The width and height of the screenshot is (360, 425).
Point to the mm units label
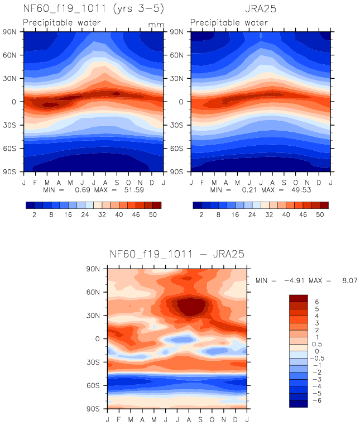tap(155, 25)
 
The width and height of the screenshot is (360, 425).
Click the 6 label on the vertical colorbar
tap(317, 302)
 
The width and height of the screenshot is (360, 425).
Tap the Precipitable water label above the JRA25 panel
tap(229, 23)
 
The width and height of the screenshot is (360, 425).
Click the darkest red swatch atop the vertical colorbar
tap(298, 298)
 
